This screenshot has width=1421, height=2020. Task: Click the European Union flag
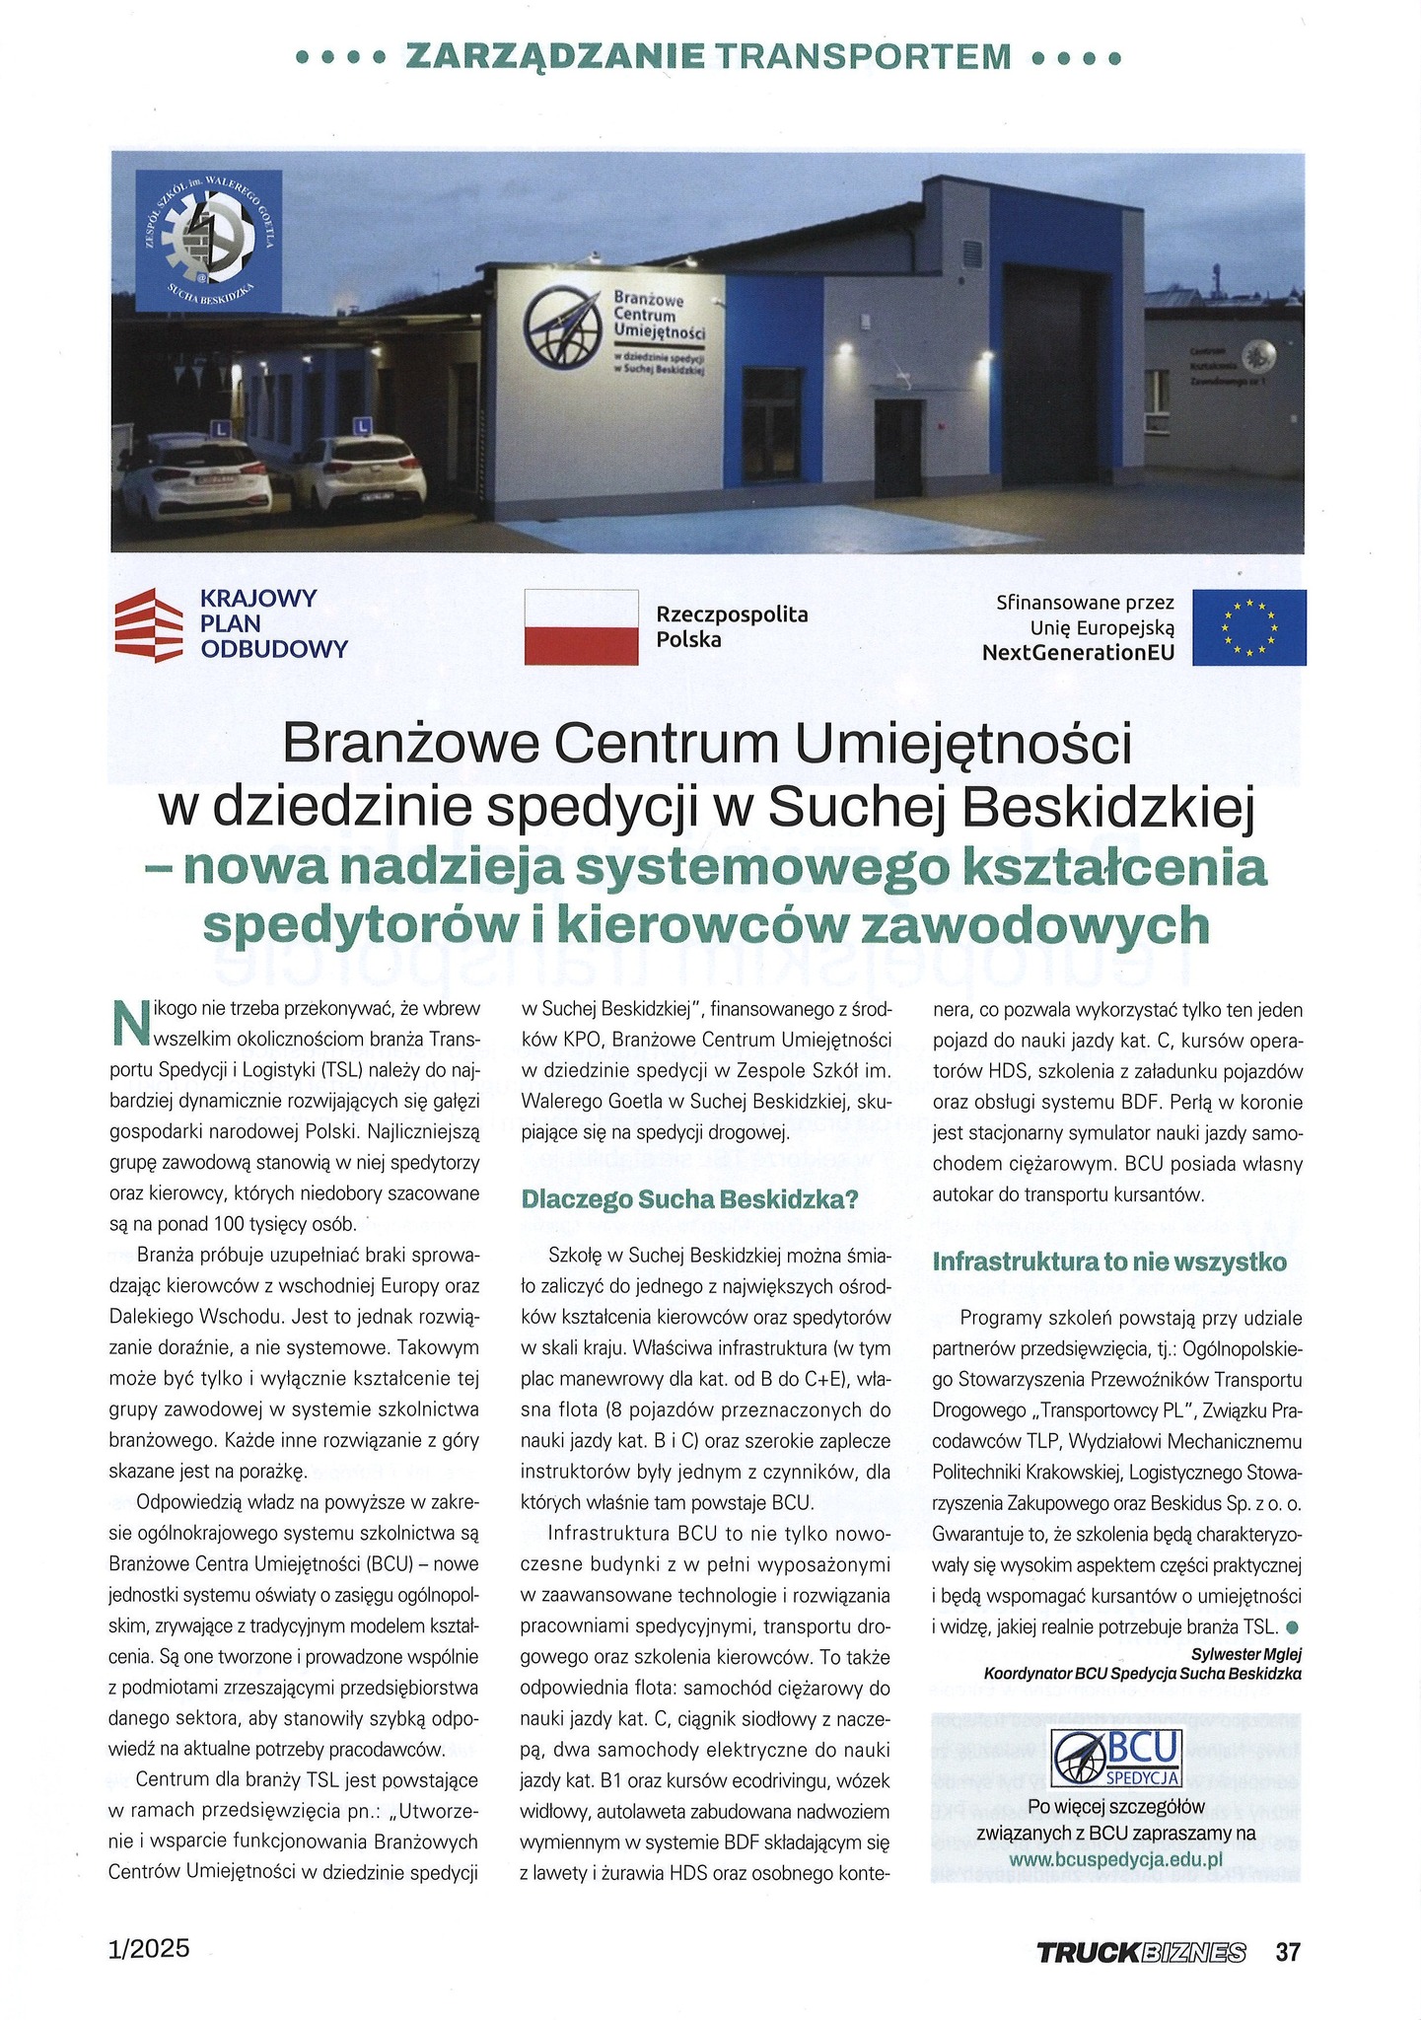tap(1248, 627)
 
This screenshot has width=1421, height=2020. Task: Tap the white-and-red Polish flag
tap(581, 627)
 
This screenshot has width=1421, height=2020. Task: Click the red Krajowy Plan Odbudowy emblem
tap(149, 623)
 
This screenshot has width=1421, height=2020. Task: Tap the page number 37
tap(1288, 1952)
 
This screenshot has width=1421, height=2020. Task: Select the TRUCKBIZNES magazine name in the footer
tap(1140, 1953)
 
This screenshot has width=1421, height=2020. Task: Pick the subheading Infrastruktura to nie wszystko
tap(1109, 1262)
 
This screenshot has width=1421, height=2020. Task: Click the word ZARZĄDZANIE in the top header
tap(555, 57)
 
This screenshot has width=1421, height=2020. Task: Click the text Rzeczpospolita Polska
tap(732, 627)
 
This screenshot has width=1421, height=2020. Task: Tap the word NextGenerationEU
tap(1078, 652)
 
